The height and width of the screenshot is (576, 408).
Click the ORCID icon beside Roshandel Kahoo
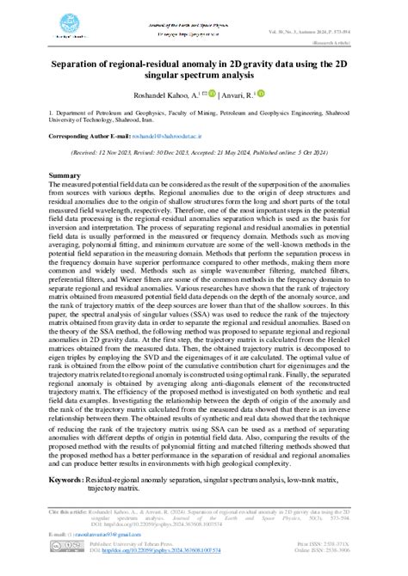213,94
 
